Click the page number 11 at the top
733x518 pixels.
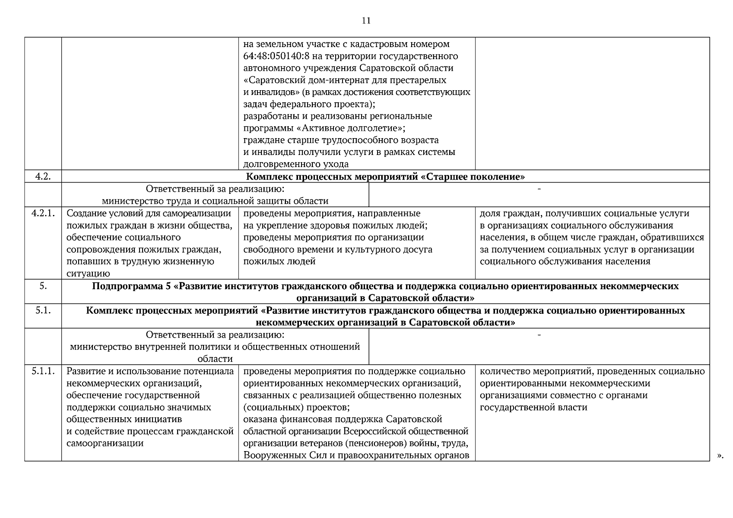[366, 21]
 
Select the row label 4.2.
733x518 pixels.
[43, 176]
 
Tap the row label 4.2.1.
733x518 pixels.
[43, 213]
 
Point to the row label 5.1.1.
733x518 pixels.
[43, 371]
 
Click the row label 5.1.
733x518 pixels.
[43, 310]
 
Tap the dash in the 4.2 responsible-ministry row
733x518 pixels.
[539, 189]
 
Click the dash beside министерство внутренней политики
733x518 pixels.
[539, 335]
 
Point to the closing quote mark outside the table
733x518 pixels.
[720, 455]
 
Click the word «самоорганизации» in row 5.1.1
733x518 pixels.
[105, 443]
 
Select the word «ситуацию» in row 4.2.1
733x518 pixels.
[88, 273]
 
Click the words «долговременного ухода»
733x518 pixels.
[296, 164]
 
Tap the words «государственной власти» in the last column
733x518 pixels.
[533, 407]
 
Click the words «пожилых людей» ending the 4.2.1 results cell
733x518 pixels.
[279, 261]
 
